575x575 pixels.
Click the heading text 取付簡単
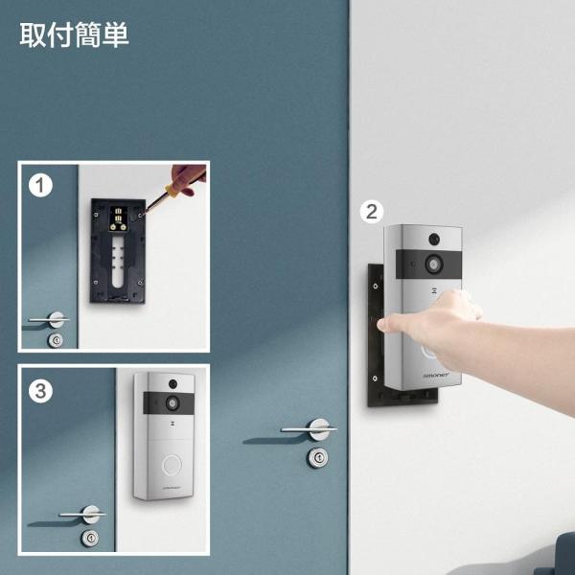pyautogui.click(x=74, y=35)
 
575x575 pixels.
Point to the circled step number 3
pyautogui.click(x=40, y=390)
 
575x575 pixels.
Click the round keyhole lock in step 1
pyautogui.click(x=57, y=339)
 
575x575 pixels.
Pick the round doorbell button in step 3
pyautogui.click(x=172, y=466)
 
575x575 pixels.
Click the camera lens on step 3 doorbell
pyautogui.click(x=172, y=402)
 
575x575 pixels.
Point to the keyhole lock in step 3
pyautogui.click(x=90, y=537)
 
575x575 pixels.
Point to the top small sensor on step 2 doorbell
pyautogui.click(x=434, y=236)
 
